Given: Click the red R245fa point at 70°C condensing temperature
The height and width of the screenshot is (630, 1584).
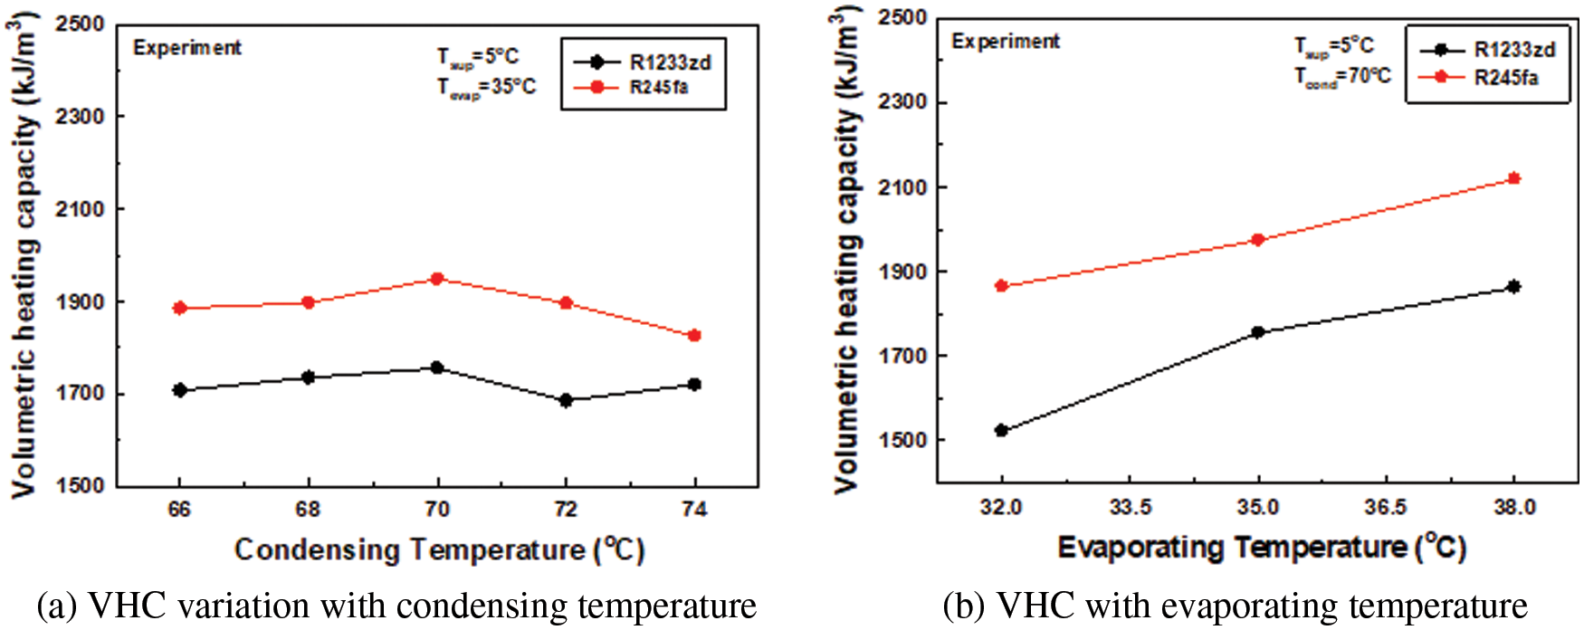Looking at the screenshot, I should (437, 279).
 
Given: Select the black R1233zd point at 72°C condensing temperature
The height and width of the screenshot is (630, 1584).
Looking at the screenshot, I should (566, 400).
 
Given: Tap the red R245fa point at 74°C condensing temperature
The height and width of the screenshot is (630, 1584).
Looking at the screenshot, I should (694, 336).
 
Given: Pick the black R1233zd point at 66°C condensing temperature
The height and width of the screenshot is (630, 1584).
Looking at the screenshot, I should (179, 390).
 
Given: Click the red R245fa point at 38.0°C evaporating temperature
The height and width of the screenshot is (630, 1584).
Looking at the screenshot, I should (1513, 179).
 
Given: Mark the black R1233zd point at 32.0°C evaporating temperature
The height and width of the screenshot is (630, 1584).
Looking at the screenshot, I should (1001, 430).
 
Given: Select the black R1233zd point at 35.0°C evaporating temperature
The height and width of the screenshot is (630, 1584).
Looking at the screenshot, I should (1257, 332).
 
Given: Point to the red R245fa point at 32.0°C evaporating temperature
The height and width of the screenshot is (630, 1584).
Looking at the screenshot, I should (1001, 286).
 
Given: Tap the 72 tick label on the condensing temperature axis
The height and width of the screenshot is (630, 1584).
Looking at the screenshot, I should (566, 510).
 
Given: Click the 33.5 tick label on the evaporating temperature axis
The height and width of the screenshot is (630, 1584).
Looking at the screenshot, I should (1130, 507).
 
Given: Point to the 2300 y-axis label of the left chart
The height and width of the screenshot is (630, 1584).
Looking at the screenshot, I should (80, 116).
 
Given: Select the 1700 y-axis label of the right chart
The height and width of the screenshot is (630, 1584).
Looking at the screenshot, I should (901, 356).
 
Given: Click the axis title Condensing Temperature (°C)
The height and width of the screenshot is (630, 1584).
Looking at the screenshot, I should (439, 549).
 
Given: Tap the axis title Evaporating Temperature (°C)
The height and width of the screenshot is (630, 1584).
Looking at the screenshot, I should (1261, 547).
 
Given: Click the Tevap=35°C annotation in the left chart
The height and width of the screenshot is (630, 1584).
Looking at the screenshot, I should (486, 88).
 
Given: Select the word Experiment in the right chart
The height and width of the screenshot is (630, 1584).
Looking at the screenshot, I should (1005, 42).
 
